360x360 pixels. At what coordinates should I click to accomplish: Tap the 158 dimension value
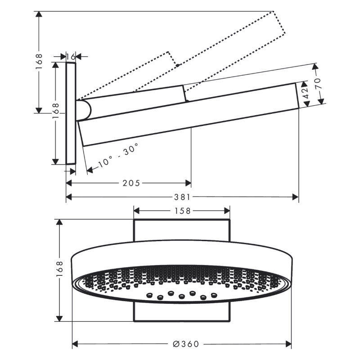coord(182,210)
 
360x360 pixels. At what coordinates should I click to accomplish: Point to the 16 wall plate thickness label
coord(71,56)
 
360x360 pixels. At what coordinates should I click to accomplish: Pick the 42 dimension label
coord(305,93)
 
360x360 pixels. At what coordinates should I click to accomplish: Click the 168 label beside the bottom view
coord(62,270)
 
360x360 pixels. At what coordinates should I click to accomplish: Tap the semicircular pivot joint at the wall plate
coord(84,109)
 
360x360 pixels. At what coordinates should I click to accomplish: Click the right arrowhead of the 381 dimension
coord(296,197)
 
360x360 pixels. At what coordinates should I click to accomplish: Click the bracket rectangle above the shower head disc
coord(182,229)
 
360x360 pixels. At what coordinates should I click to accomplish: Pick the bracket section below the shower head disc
coord(182,313)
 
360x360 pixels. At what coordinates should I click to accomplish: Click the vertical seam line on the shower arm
coord(184,93)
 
